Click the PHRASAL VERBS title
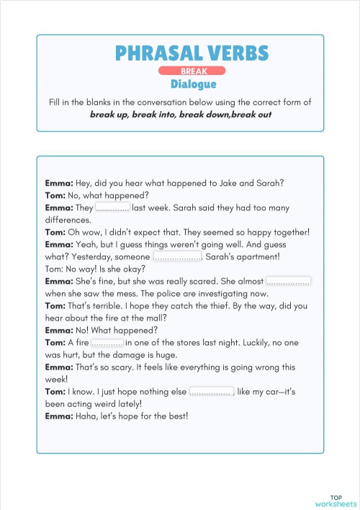192,53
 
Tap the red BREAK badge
192,71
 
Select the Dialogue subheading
193,84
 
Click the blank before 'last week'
112,207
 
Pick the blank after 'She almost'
288,281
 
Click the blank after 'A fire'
107,342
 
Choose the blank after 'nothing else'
212,391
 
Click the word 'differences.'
68,220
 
